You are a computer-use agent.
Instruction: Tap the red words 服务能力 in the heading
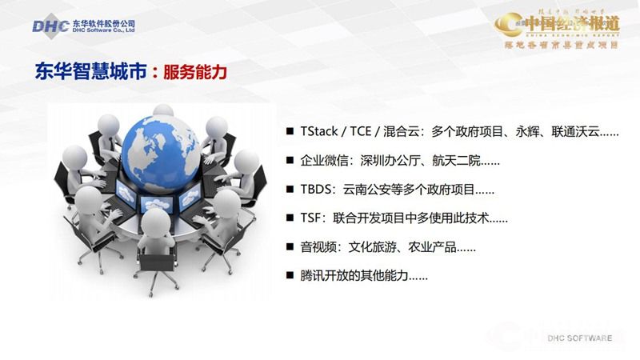coord(194,72)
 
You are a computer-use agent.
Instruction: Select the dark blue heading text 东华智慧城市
coord(91,72)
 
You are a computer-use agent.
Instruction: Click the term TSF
coord(311,218)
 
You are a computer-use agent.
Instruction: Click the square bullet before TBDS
coord(290,190)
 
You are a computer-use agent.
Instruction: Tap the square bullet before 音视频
coord(290,246)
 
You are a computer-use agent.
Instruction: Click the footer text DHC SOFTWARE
coord(580,338)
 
